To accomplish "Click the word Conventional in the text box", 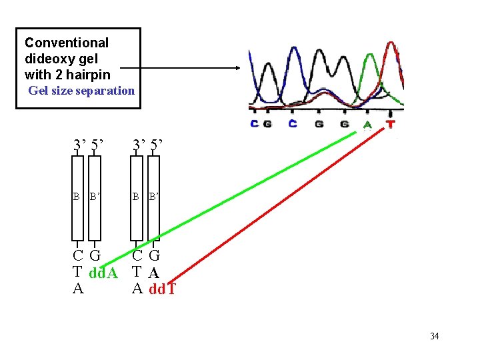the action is pos(67,43).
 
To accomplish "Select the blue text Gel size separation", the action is pos(81,91).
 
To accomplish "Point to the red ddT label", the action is pos(163,289).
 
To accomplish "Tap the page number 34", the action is pos(434,336).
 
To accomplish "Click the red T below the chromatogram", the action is pos(390,124).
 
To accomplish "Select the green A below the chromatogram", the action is pos(367,124).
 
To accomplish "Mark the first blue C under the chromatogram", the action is pos(254,124).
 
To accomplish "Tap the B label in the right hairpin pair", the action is pos(136,197).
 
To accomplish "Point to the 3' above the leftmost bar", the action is pos(79,145).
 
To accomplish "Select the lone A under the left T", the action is pos(78,289).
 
